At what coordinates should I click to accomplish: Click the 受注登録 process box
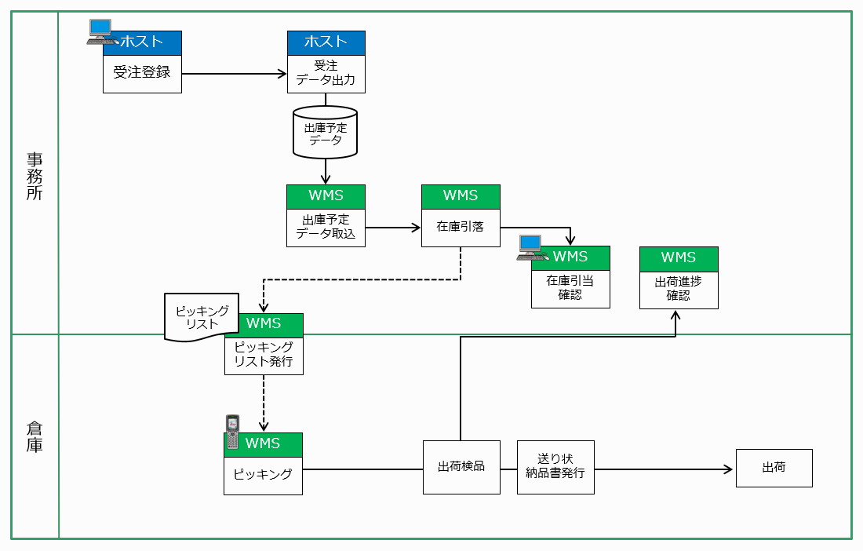pyautogui.click(x=142, y=73)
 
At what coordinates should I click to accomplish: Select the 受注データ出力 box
pyautogui.click(x=326, y=73)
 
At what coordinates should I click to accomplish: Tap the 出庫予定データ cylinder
pyautogui.click(x=325, y=133)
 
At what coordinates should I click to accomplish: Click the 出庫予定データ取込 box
pyautogui.click(x=326, y=227)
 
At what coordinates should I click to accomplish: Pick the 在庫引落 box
pyautogui.click(x=461, y=227)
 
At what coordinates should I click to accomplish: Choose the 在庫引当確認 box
pyautogui.click(x=570, y=287)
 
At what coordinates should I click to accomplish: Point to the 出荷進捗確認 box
pyautogui.click(x=679, y=288)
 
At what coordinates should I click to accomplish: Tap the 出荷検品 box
pyautogui.click(x=461, y=466)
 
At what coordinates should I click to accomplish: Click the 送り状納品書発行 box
pyautogui.click(x=555, y=466)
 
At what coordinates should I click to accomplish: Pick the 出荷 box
pyautogui.click(x=774, y=468)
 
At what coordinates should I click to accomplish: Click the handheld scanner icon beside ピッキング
pyautogui.click(x=232, y=432)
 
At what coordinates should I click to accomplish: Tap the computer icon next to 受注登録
pyautogui.click(x=100, y=31)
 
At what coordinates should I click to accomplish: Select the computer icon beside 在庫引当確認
pyautogui.click(x=531, y=247)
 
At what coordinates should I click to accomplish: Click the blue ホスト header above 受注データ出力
pyautogui.click(x=326, y=42)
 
